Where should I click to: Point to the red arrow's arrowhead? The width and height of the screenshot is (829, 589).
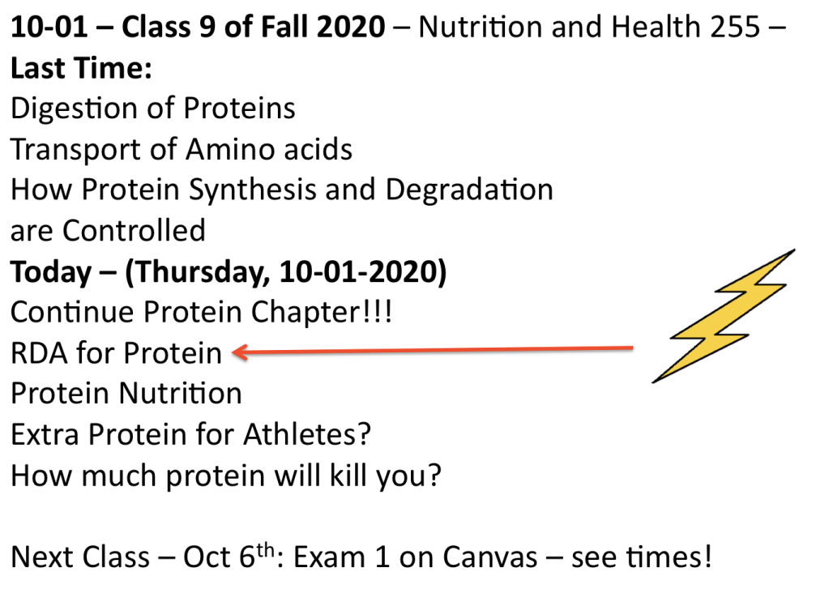[240, 352]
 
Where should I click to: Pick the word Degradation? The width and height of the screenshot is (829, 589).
[469, 190]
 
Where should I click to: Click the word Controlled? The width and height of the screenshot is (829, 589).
[135, 231]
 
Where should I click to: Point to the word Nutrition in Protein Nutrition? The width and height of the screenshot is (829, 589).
[180, 394]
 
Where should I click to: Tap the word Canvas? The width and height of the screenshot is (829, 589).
[490, 557]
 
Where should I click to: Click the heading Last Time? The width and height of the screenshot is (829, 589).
[81, 68]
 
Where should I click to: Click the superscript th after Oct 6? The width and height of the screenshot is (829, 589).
[266, 549]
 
